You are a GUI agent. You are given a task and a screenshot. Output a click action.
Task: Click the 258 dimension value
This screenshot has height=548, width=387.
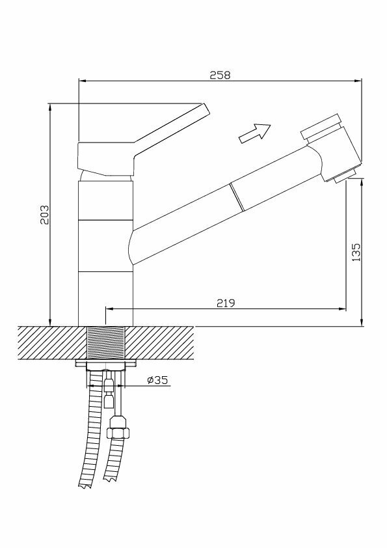point(220,75)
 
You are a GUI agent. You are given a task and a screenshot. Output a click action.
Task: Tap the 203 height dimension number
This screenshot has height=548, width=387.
point(44,215)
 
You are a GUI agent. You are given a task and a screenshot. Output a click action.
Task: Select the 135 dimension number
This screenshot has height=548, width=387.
point(356,253)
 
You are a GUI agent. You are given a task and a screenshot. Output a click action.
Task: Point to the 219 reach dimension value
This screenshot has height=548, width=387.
point(226,303)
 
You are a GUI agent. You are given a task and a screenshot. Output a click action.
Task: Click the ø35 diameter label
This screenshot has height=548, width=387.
point(157,379)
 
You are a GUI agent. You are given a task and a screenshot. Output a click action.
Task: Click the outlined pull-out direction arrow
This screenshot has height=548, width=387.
point(254,133)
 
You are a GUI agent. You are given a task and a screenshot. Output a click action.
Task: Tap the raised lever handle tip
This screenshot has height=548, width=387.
point(206,108)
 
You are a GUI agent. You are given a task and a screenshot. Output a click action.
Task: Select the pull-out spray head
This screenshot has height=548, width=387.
point(332,147)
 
